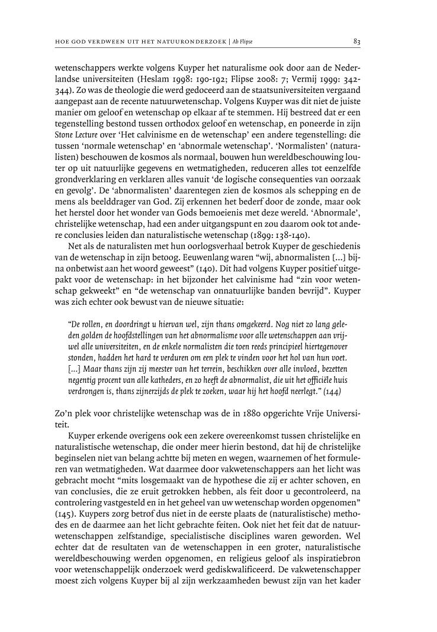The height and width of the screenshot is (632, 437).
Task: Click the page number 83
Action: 357,41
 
